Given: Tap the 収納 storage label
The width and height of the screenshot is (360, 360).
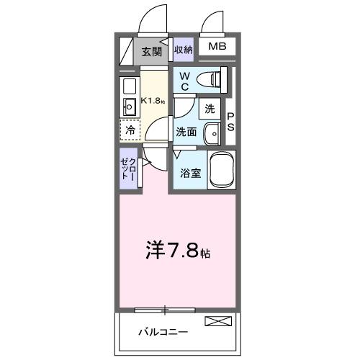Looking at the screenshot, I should click(x=184, y=50).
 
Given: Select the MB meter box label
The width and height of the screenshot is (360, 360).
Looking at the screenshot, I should click(x=217, y=48).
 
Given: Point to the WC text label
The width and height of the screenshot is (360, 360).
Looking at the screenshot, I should click(x=184, y=81).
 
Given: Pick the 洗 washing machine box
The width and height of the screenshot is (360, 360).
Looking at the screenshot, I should click(x=210, y=109).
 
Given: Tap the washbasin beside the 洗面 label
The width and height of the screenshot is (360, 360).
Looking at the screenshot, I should click(x=212, y=133).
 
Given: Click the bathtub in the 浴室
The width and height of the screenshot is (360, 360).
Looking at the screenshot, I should click(x=222, y=171).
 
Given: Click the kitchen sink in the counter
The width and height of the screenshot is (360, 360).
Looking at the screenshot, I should click(x=130, y=109).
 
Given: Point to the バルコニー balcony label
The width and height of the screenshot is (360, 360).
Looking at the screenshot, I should click(x=163, y=332).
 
